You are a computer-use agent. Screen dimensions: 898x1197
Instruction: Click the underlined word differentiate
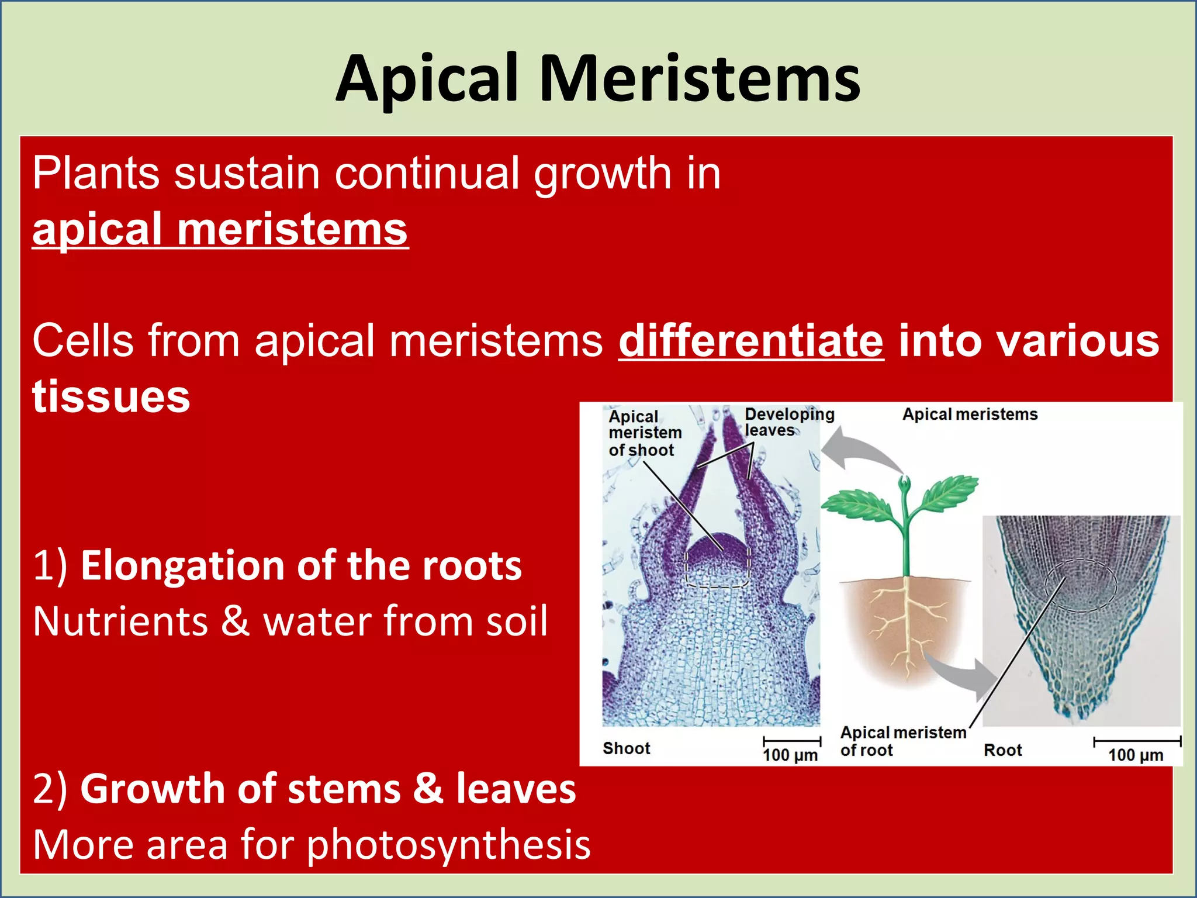coord(751,341)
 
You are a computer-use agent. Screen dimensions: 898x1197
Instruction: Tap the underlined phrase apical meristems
coord(220,230)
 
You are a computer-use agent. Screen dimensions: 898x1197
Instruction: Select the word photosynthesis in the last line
coord(448,844)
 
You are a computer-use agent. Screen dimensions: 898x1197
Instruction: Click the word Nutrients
coord(120,621)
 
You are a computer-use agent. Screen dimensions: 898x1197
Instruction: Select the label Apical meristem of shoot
coord(644,433)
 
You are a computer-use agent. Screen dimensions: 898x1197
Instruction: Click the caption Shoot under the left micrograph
coord(626,748)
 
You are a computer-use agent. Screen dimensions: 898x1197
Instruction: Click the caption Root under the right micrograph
coord(1002,750)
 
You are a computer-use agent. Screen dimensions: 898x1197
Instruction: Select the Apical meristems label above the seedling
coord(970,415)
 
